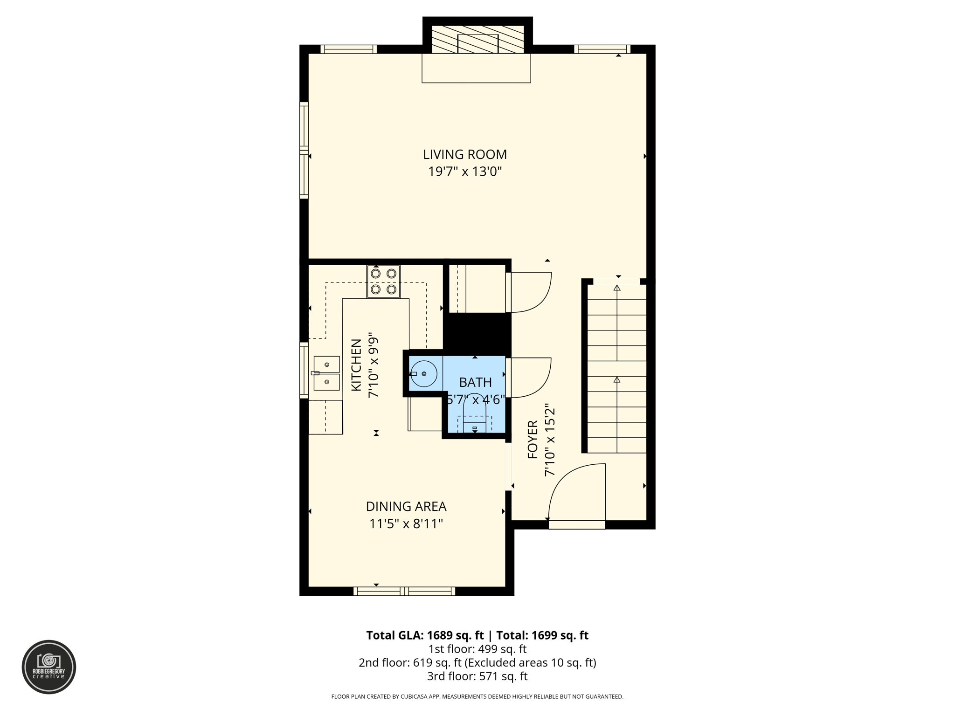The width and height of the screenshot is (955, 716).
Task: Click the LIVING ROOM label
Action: coord(464,154)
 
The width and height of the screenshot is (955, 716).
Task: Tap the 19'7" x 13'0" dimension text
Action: coord(464,172)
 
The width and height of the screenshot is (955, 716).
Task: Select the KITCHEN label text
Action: coord(356,365)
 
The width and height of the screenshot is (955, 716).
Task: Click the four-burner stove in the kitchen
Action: coord(383,282)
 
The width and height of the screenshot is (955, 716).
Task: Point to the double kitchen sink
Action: coord(326,373)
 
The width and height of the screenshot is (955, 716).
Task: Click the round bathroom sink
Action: coord(423,374)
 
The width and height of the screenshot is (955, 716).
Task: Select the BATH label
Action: coord(475,383)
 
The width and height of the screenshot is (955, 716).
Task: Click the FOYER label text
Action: coord(533,440)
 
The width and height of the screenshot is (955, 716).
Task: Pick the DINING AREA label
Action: coord(406,506)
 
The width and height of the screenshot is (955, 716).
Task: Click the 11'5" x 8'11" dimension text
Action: coord(406,524)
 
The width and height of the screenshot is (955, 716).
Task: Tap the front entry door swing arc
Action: coord(574,489)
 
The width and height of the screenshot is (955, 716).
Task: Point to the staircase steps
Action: coord(616,368)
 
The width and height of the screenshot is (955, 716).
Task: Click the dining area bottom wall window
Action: coord(404,592)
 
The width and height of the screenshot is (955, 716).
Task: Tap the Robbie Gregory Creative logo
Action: coord(49,667)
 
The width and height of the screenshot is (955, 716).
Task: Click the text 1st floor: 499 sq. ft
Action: coord(477,649)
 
